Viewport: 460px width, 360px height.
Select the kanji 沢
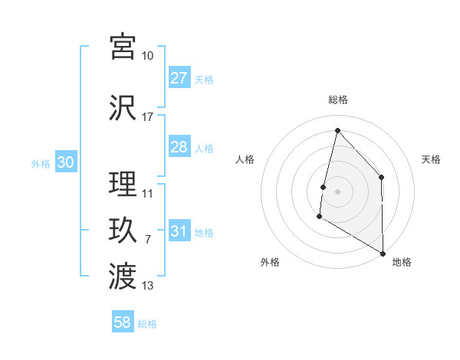123,107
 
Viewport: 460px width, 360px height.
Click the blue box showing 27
179,78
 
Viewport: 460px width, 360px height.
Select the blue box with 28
179,147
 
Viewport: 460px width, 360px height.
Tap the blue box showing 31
179,231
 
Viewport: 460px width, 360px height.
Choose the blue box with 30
65,162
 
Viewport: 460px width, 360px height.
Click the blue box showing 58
123,322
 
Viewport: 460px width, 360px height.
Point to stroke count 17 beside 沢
148,117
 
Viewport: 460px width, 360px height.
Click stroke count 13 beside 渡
148,286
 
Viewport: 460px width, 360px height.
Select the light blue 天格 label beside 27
204,79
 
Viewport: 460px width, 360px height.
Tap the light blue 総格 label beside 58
147,323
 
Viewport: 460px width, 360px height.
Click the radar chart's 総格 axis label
338,100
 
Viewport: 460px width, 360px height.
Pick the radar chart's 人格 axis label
245,159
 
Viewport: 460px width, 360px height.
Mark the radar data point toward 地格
383,253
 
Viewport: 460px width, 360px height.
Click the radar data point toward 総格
337,130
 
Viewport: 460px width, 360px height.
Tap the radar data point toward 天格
381,178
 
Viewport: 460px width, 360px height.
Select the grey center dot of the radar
337,191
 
